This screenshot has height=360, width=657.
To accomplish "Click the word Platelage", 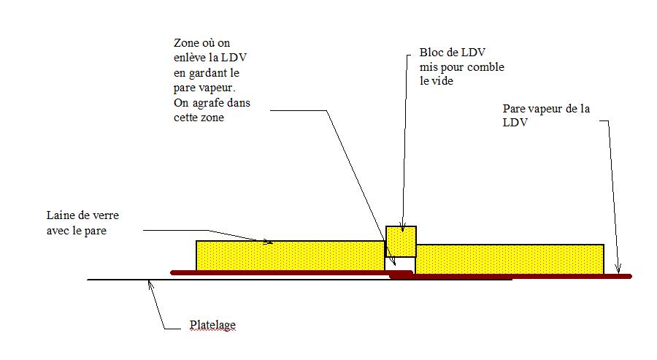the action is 212,325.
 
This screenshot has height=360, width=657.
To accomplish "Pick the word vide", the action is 444,81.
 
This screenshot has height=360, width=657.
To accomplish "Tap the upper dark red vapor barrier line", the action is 285,272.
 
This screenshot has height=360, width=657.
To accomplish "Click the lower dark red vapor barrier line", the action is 511,277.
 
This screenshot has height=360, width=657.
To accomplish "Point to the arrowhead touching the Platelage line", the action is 150,283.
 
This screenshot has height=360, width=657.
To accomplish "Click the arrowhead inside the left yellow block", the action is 270,242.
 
